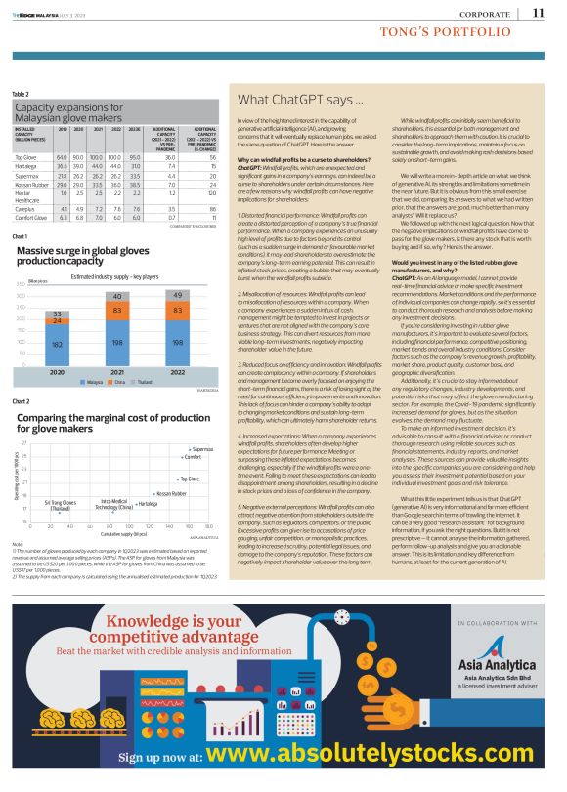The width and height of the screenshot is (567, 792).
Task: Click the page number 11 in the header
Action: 539,13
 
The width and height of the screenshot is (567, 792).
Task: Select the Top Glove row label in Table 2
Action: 26,156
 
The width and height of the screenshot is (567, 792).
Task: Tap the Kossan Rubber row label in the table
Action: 32,183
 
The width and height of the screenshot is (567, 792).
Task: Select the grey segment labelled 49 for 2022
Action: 177,294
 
